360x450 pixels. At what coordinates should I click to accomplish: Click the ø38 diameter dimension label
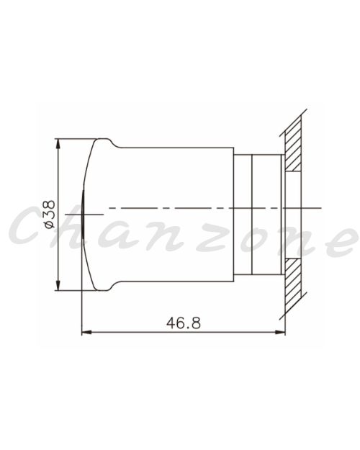pyautogui.click(x=50, y=215)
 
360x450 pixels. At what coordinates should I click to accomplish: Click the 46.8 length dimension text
pyautogui.click(x=184, y=323)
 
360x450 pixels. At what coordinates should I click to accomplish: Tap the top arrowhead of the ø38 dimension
pyautogui.click(x=58, y=143)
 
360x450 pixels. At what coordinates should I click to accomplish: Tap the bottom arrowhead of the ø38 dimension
pyautogui.click(x=58, y=286)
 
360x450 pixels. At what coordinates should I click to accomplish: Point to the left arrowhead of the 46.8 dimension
pyautogui.click(x=86, y=333)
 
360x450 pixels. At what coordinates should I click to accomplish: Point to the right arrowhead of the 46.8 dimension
pyautogui.click(x=281, y=333)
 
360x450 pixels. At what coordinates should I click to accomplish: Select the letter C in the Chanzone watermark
pyautogui.click(x=28, y=225)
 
